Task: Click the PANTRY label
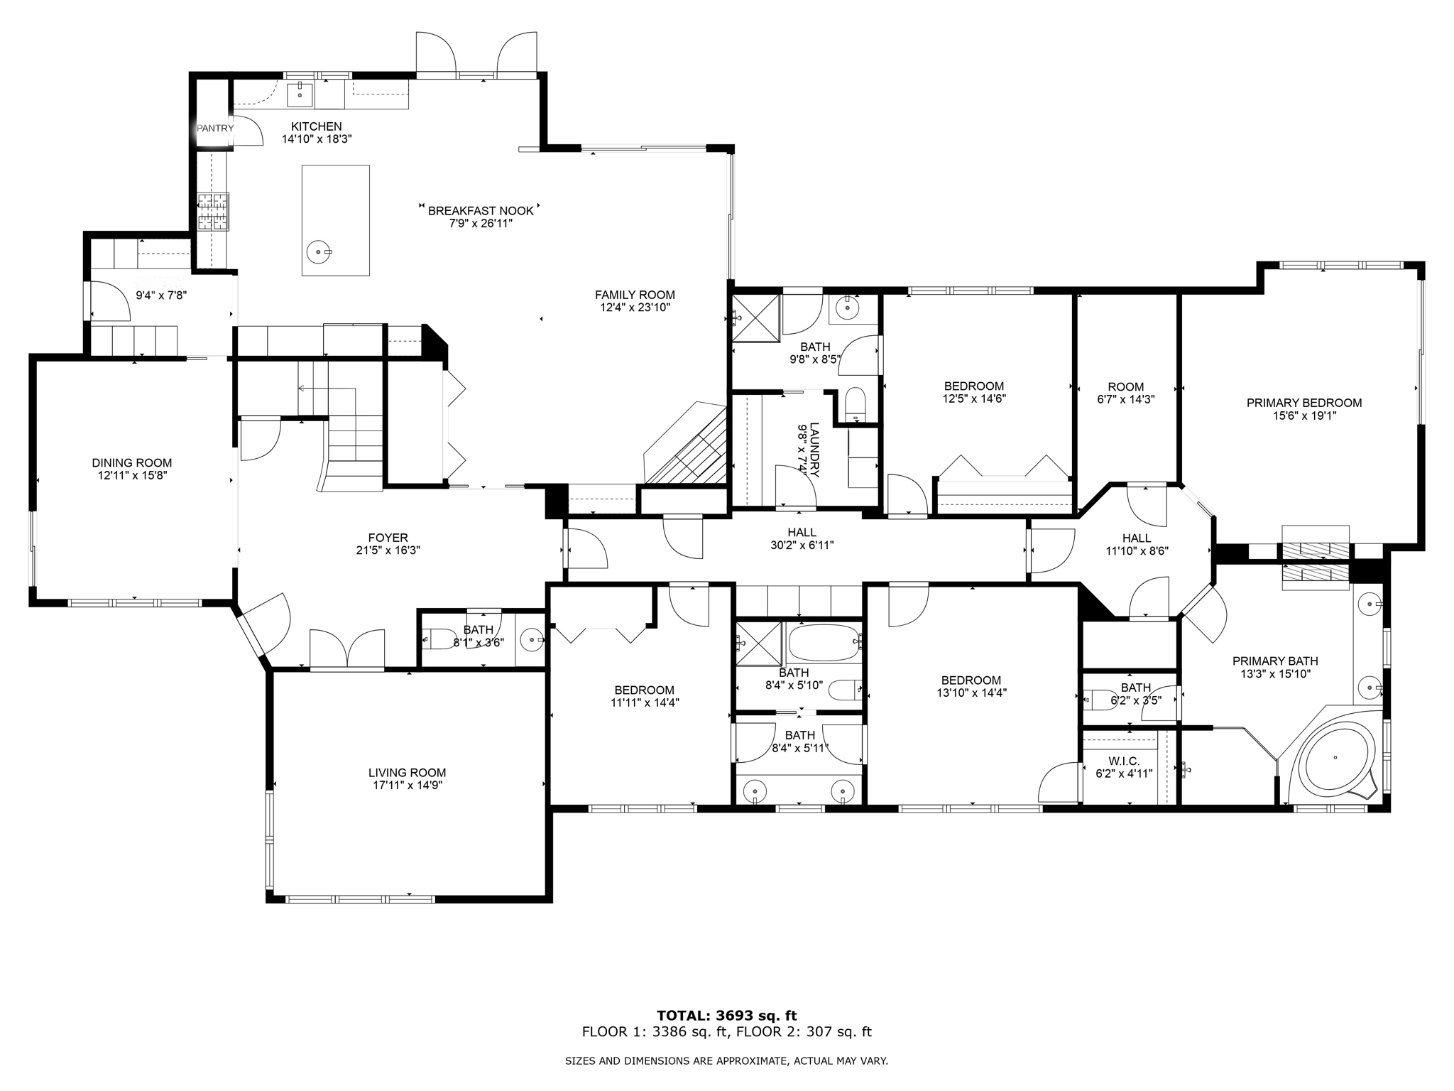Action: [x=214, y=129]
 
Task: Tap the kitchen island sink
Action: [x=318, y=251]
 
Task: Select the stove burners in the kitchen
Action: [x=213, y=212]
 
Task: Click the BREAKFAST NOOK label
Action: [x=481, y=211]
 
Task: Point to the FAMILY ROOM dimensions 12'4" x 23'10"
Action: [x=635, y=308]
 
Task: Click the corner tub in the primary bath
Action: [x=1335, y=761]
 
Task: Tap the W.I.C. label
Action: [x=1124, y=761]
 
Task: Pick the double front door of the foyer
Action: [x=347, y=649]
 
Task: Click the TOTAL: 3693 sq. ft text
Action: [x=726, y=1016]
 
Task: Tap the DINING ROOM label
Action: [x=132, y=463]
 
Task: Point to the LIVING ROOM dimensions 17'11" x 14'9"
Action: [x=408, y=786]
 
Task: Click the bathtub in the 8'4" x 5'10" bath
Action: [x=822, y=642]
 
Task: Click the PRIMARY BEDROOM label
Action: [x=1304, y=403]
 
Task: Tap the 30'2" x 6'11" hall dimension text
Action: [x=802, y=545]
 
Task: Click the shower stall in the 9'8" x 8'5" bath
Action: [x=756, y=318]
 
